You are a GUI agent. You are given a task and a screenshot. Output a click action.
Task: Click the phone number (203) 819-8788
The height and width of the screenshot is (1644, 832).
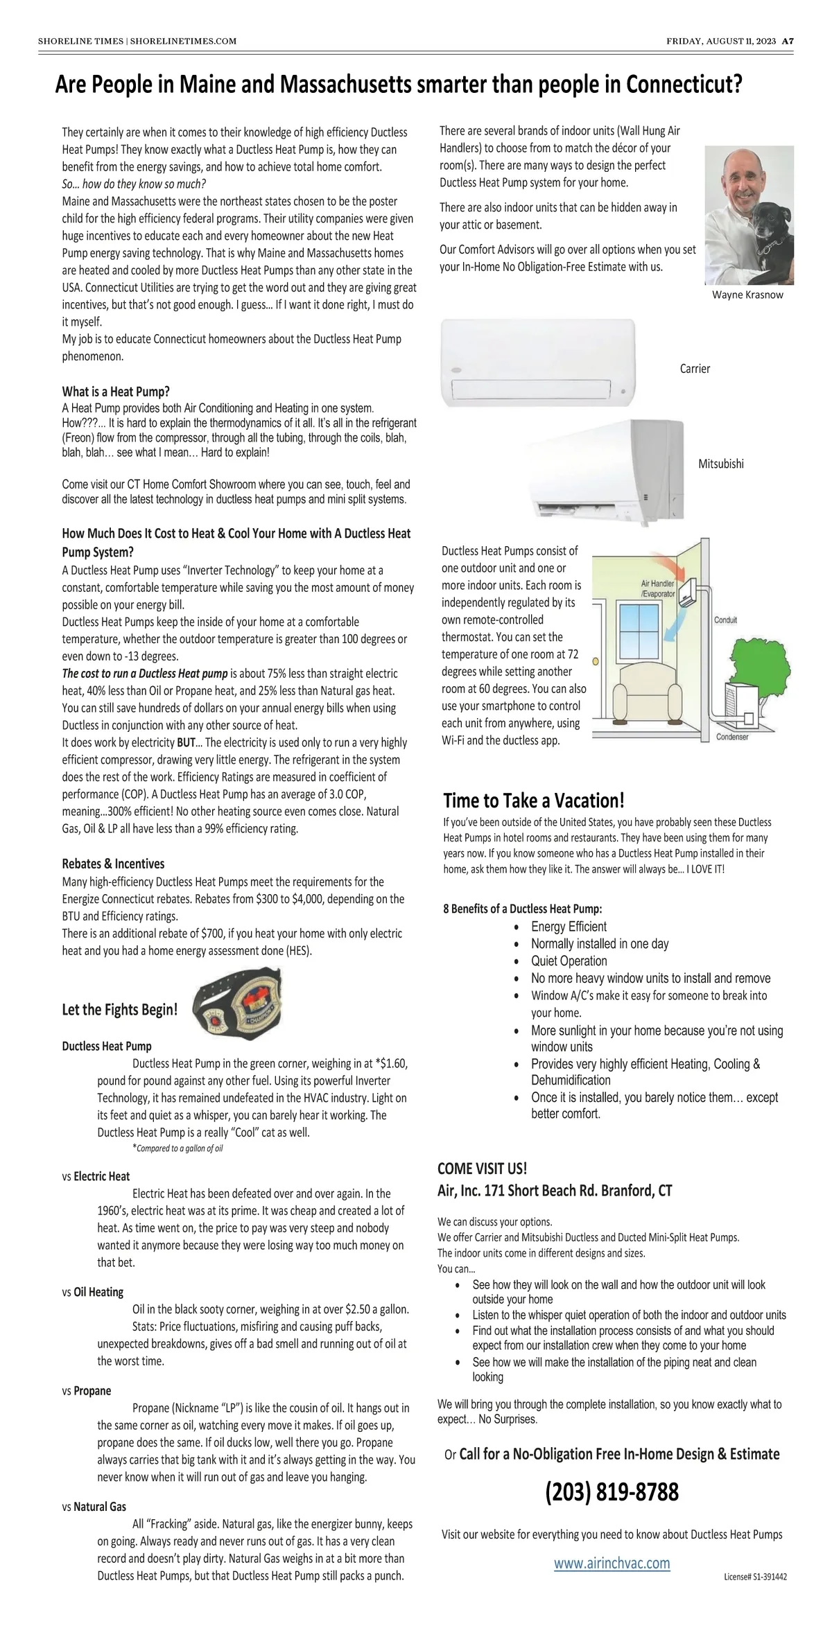click(x=612, y=1492)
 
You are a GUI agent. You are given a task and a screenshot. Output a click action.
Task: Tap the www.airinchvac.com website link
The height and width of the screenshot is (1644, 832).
click(x=612, y=1563)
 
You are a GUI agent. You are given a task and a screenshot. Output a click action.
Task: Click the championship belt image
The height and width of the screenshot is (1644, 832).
click(x=238, y=1000)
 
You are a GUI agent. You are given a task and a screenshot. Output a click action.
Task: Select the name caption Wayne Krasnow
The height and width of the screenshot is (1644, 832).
click(x=747, y=295)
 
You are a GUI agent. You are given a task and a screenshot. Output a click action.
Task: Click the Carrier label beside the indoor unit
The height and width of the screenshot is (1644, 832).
click(x=695, y=369)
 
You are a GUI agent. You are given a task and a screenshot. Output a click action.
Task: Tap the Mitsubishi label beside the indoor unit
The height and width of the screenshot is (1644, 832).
click(x=720, y=464)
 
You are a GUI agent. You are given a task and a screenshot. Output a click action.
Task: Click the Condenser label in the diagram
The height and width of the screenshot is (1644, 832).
click(x=732, y=737)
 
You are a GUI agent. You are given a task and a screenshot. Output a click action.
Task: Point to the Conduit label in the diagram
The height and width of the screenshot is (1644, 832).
click(x=725, y=620)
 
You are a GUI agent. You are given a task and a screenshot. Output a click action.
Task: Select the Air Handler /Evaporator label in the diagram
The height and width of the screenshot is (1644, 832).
click(x=657, y=588)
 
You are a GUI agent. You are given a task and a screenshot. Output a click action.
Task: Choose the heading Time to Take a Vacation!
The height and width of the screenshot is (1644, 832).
click(x=534, y=801)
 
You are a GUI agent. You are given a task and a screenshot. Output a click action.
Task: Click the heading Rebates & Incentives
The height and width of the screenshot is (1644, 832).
click(x=113, y=864)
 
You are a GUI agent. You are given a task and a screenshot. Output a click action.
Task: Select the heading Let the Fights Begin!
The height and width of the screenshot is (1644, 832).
click(x=119, y=1009)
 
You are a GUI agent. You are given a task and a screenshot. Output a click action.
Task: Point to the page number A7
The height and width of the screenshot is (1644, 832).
click(x=788, y=41)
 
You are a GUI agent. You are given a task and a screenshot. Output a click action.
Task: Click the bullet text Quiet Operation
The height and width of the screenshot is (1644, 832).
click(x=569, y=961)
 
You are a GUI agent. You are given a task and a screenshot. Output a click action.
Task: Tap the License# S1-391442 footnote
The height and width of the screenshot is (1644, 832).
click(x=755, y=1576)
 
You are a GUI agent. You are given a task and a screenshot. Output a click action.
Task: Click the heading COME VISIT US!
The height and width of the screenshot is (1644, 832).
click(x=482, y=1168)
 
